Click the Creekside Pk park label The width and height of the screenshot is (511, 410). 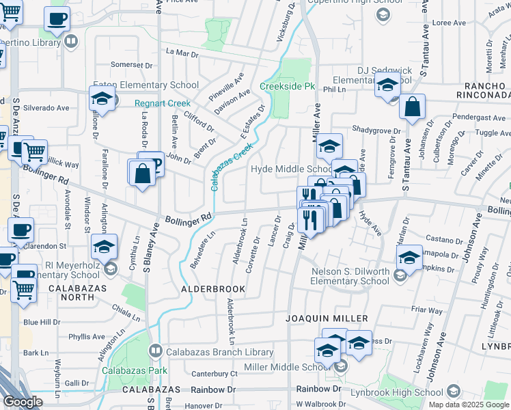287,87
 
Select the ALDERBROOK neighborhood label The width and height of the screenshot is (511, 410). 212,290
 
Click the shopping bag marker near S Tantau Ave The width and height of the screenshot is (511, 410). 412,107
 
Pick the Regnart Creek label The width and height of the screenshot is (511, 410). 161,103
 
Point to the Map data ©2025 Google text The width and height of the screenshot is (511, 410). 469,405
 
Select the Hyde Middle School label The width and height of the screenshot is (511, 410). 292,169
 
